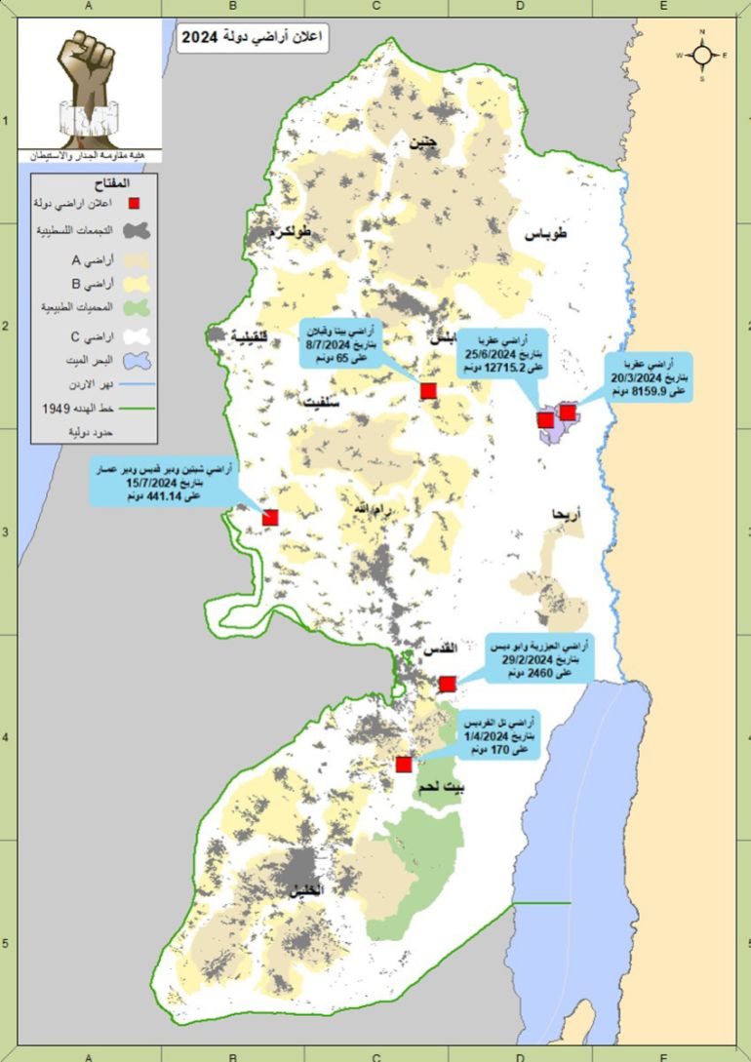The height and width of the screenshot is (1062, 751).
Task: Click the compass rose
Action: click(701, 55)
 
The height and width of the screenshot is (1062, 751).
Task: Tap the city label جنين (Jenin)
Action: click(424, 142)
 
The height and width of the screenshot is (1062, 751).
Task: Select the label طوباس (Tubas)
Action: click(547, 235)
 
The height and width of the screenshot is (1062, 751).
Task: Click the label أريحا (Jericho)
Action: click(567, 513)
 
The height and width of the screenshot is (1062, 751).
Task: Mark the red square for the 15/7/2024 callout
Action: click(270, 518)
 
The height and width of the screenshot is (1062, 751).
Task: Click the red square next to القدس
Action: click(448, 684)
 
